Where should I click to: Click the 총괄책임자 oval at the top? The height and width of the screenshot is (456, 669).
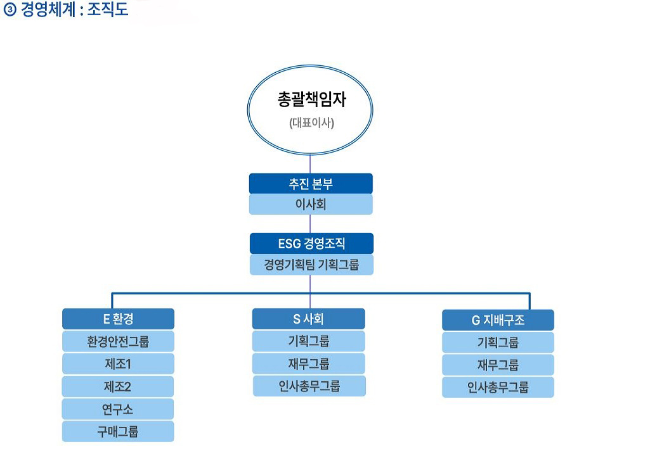coord(310,110)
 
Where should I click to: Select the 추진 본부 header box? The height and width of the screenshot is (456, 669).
coord(311,184)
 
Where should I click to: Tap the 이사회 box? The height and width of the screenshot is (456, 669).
coord(311,205)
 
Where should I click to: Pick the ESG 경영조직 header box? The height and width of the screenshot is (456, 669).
coord(311,243)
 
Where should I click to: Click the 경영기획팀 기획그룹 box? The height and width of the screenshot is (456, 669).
coord(311,265)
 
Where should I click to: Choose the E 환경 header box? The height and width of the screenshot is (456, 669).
coord(118,319)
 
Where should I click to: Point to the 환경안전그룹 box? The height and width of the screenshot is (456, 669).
coord(118,341)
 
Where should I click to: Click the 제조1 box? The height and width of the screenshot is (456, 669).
coord(118,364)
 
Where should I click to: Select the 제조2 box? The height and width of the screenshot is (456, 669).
coord(118,386)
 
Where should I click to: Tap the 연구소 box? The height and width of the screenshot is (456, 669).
coord(118,409)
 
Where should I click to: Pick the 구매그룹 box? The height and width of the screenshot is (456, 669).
coord(118,432)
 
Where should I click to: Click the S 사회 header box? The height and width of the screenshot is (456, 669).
coord(308,319)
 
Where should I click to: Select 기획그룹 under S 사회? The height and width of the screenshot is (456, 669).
coord(308,341)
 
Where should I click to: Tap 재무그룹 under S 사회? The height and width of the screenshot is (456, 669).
coord(308,364)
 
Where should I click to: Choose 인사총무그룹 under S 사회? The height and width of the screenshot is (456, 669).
coord(309,386)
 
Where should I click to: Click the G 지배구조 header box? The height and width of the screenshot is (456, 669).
coord(498,320)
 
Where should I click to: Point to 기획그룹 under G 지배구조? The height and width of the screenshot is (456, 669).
coord(498,343)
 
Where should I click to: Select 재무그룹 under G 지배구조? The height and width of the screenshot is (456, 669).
coord(498,365)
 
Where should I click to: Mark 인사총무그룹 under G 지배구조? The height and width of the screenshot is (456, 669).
coord(498,388)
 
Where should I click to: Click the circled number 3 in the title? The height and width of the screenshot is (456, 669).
coord(10,9)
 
